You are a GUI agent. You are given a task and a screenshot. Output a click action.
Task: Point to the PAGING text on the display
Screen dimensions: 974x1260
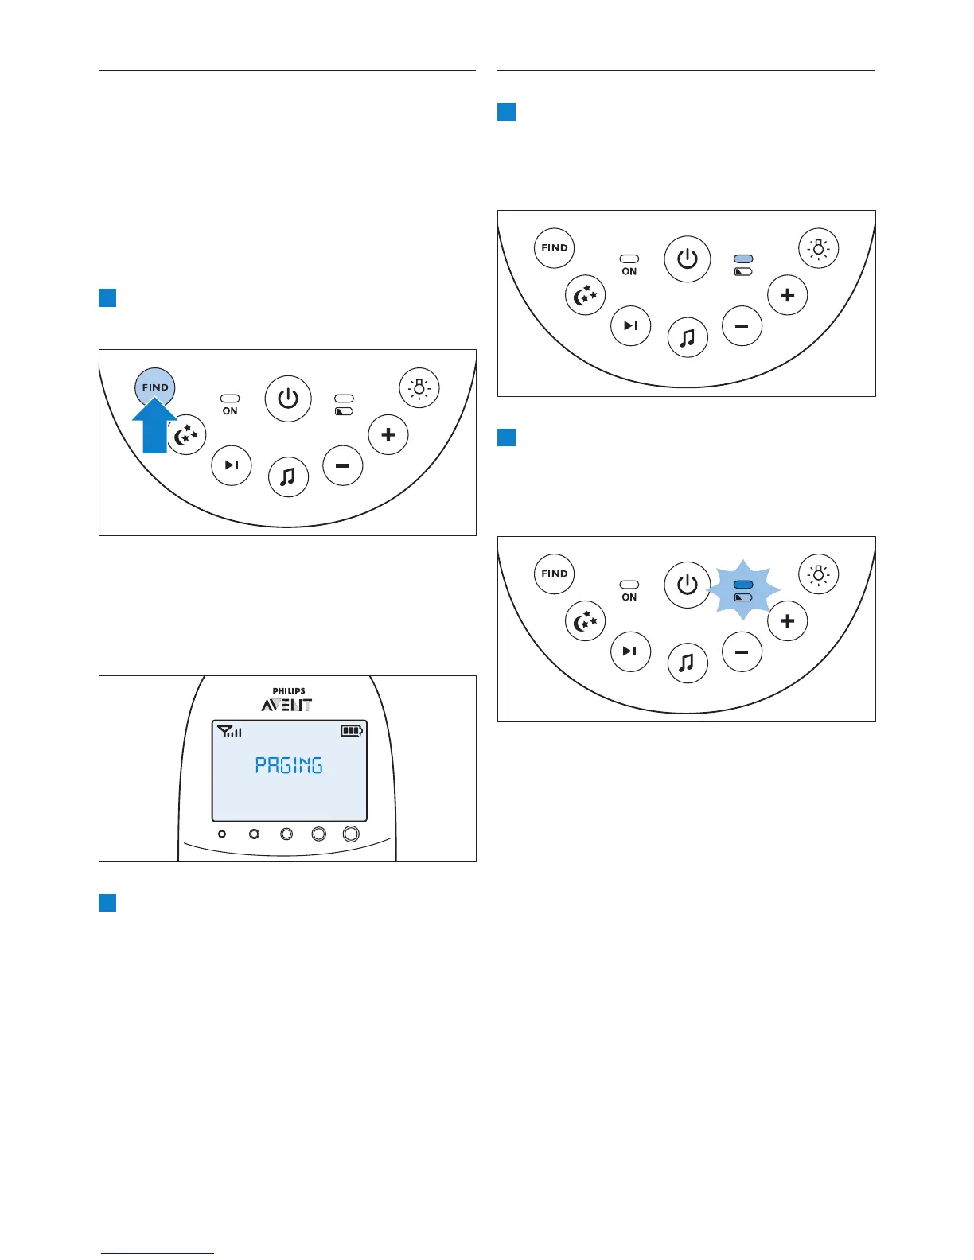tap(289, 765)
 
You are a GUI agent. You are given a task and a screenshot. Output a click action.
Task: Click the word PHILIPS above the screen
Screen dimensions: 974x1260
tap(289, 691)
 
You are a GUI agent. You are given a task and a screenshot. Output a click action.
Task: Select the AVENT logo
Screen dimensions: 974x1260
tap(287, 705)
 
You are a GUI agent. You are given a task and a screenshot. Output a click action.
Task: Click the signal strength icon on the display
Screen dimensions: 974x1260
tap(229, 731)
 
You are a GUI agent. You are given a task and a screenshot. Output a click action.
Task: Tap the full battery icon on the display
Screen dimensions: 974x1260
tap(352, 730)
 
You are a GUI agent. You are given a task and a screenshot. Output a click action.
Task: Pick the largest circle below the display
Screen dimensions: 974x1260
tap(351, 834)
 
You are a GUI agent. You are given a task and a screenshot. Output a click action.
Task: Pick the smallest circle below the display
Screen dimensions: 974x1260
tap(222, 834)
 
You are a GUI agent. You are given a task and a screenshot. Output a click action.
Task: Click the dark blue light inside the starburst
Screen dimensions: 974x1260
tap(743, 585)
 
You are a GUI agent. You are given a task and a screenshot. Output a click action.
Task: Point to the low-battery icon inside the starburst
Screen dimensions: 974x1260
tap(743, 597)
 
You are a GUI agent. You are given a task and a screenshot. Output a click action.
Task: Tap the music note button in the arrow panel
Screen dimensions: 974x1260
tap(288, 476)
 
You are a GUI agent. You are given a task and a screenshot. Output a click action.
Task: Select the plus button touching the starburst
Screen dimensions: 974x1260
tap(788, 620)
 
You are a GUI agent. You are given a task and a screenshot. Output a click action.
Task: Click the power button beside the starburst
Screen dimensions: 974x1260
tap(688, 585)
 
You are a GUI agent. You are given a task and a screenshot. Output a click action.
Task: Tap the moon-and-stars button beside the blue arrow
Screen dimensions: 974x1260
tap(186, 435)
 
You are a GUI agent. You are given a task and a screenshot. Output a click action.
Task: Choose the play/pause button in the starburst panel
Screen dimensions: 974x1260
tap(630, 651)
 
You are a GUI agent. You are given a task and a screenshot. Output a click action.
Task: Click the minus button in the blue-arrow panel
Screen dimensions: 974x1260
tap(343, 466)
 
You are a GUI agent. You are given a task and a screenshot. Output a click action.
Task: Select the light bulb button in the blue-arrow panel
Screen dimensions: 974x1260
tap(419, 387)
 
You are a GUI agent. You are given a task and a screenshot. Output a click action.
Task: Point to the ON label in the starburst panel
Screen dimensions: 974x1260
tap(629, 597)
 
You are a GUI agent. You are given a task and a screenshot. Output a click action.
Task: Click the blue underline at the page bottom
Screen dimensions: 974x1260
tap(158, 1253)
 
